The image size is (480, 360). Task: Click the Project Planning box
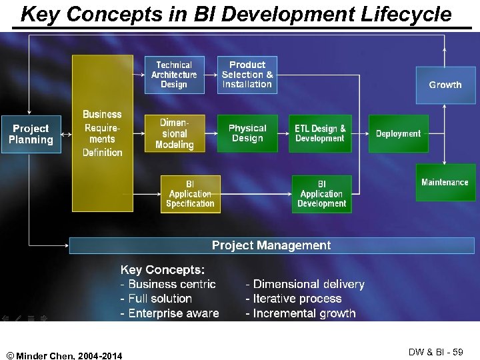pos(31,134)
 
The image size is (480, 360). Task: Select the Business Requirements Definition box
pos(102,133)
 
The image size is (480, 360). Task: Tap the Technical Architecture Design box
pos(174,75)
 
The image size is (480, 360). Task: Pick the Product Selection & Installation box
pos(247,75)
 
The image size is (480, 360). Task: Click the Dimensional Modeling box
pos(174,133)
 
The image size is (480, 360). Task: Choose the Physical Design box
pos(247,133)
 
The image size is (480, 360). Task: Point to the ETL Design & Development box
pos(321,133)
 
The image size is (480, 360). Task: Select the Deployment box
pos(398,133)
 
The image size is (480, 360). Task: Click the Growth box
pos(445,85)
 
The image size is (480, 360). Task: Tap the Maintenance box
pos(445,182)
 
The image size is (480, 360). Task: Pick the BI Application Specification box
pos(190,194)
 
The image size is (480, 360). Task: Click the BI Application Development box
pos(321,194)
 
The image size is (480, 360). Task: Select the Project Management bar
pos(271,245)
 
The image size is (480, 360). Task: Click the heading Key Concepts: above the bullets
pos(162,269)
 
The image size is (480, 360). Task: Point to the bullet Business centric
pos(168,284)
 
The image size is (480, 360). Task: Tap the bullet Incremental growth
pos(301,313)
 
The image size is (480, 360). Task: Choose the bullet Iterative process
pos(293,299)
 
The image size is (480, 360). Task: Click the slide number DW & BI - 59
pos(435,351)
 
